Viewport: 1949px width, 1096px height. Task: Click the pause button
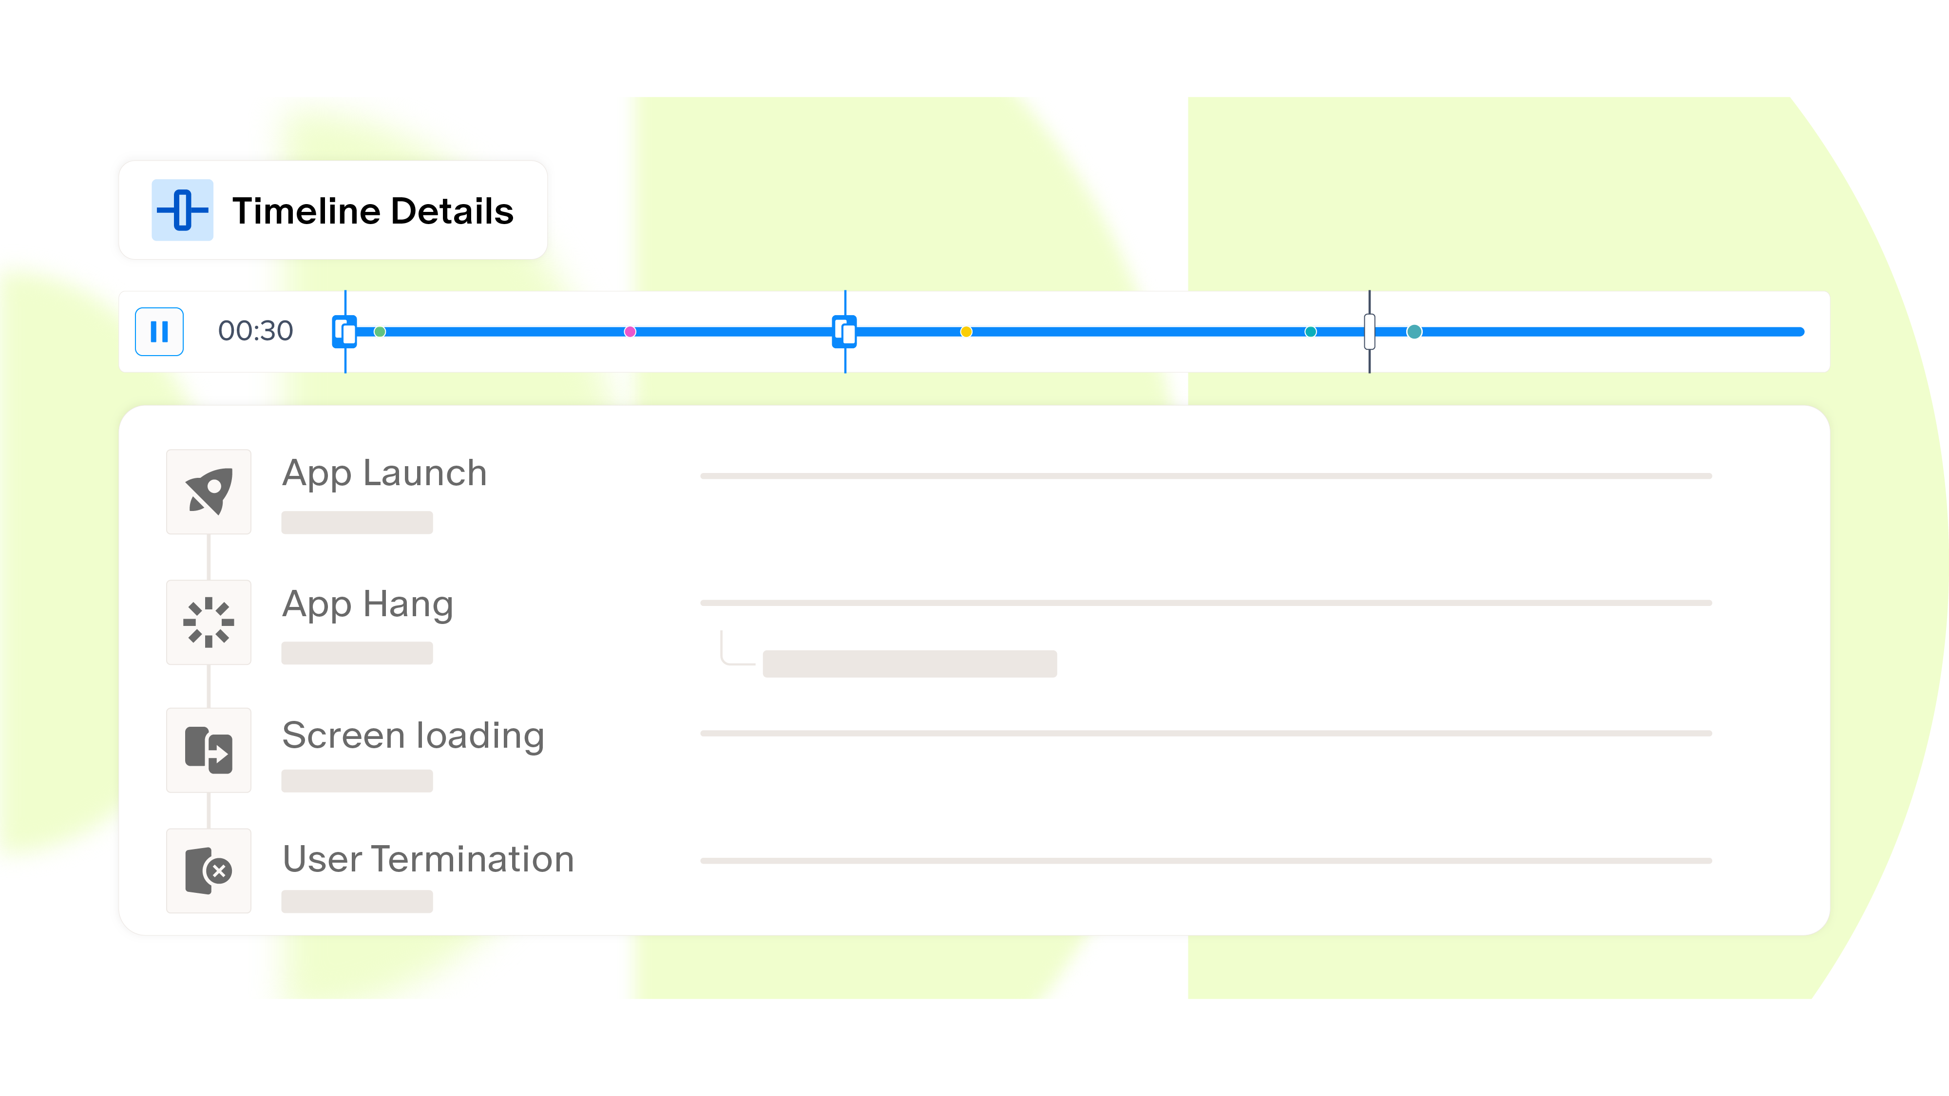pyautogui.click(x=159, y=331)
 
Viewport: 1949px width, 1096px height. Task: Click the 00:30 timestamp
pyautogui.click(x=255, y=331)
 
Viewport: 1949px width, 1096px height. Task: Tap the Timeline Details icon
pyautogui.click(x=182, y=210)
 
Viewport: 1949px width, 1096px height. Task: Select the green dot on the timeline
pyautogui.click(x=380, y=331)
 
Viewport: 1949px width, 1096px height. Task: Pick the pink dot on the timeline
pyautogui.click(x=630, y=331)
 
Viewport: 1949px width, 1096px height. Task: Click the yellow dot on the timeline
pyautogui.click(x=966, y=331)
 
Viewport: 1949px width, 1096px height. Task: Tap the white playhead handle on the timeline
pyautogui.click(x=1370, y=331)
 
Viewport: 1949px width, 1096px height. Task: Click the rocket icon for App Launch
pyautogui.click(x=209, y=491)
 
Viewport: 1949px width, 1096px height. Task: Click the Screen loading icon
pyautogui.click(x=209, y=750)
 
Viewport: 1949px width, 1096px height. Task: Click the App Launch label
pyautogui.click(x=384, y=473)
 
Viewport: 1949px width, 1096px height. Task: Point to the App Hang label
pyautogui.click(x=368, y=605)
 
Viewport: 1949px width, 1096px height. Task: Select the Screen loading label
pyautogui.click(x=413, y=735)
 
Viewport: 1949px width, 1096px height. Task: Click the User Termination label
pyautogui.click(x=428, y=859)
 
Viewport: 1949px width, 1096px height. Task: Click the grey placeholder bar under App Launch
pyautogui.click(x=357, y=523)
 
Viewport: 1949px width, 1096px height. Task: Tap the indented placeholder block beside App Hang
pyautogui.click(x=909, y=663)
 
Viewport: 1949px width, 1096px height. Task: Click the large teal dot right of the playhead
pyautogui.click(x=1414, y=331)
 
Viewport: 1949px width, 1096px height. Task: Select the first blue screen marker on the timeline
pyautogui.click(x=345, y=331)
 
